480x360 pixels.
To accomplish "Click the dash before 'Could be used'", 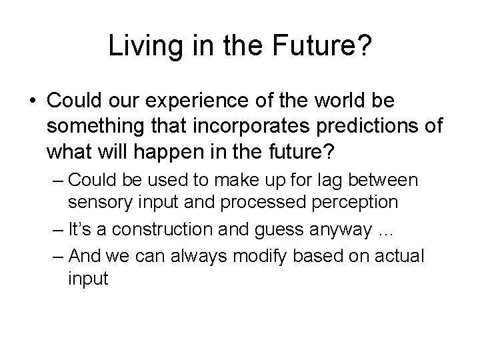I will coord(57,179).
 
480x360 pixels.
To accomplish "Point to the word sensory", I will coord(94,201).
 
